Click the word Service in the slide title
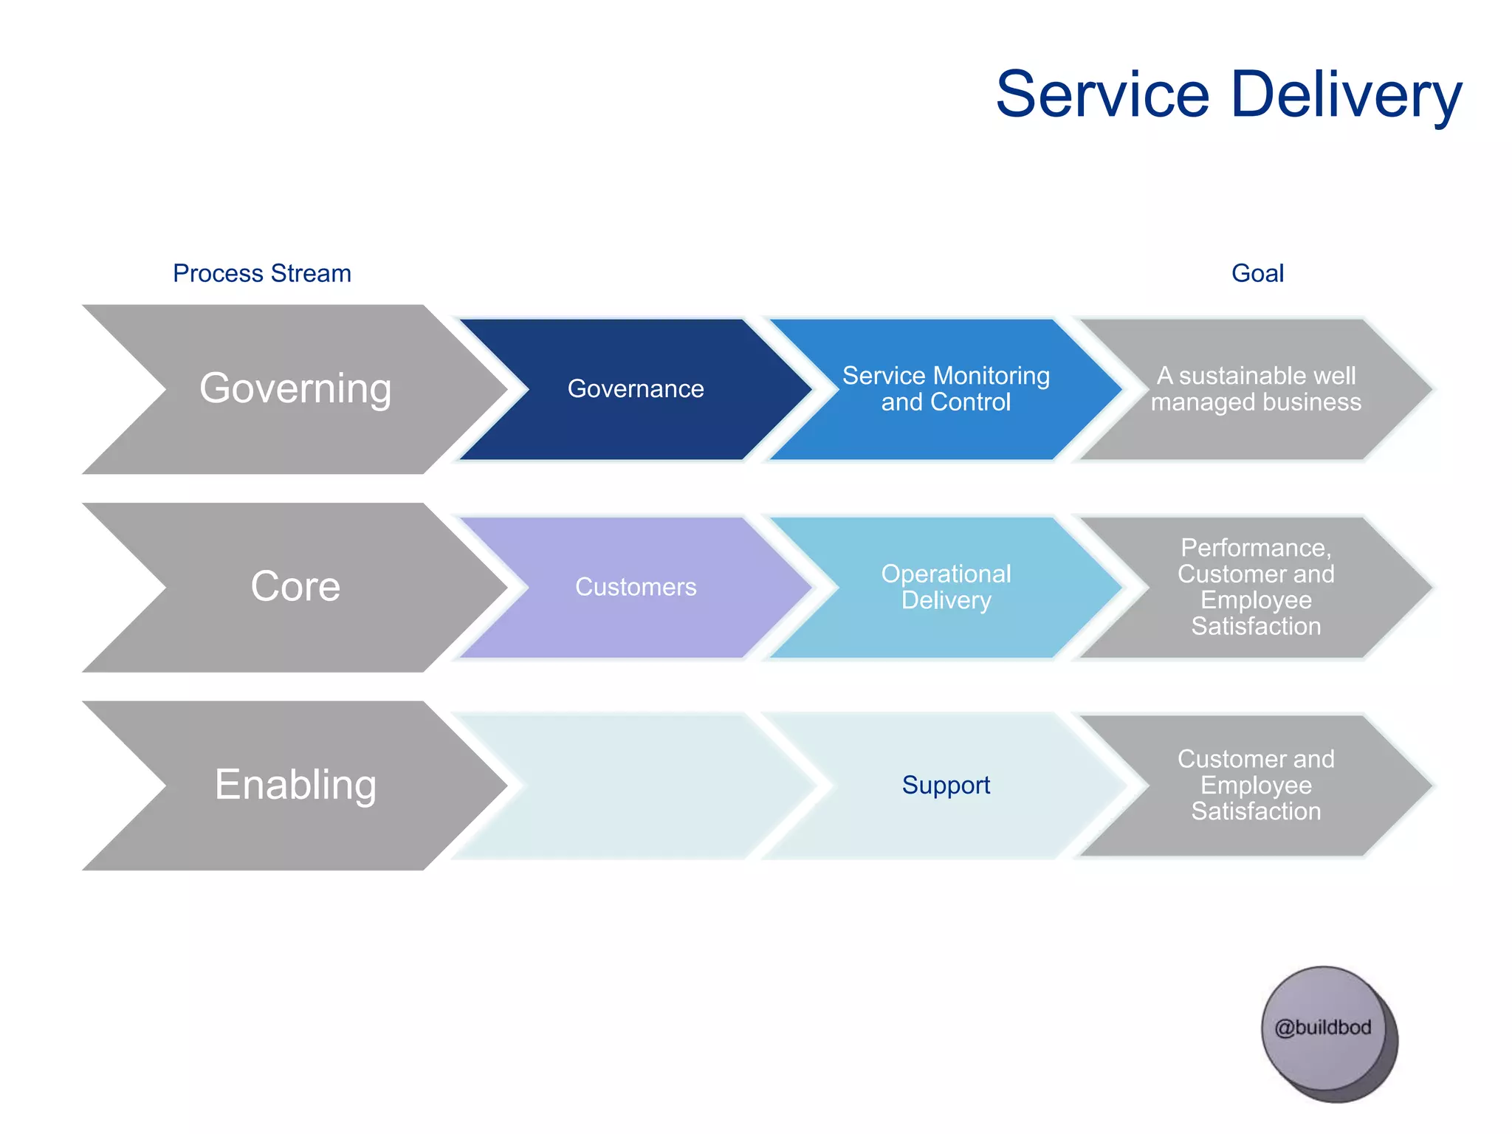pyautogui.click(x=1102, y=94)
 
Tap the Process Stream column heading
pyautogui.click(x=261, y=273)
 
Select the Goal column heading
pyautogui.click(x=1257, y=273)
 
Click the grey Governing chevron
pyautogui.click(x=295, y=389)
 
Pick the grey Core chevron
pyautogui.click(x=295, y=587)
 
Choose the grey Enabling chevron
pyautogui.click(x=295, y=785)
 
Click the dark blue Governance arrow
pyautogui.click(x=635, y=389)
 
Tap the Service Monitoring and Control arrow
pyautogui.click(x=946, y=389)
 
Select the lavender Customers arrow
pyautogui.click(x=635, y=587)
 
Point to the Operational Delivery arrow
pyautogui.click(x=946, y=587)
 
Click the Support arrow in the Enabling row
pyautogui.click(x=946, y=785)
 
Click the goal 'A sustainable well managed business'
pyautogui.click(x=1256, y=389)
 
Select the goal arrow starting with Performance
pyautogui.click(x=1256, y=587)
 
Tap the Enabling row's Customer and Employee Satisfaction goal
pyautogui.click(x=1256, y=785)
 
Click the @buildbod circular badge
pyautogui.click(x=1323, y=1028)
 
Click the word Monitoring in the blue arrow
pyautogui.click(x=992, y=376)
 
